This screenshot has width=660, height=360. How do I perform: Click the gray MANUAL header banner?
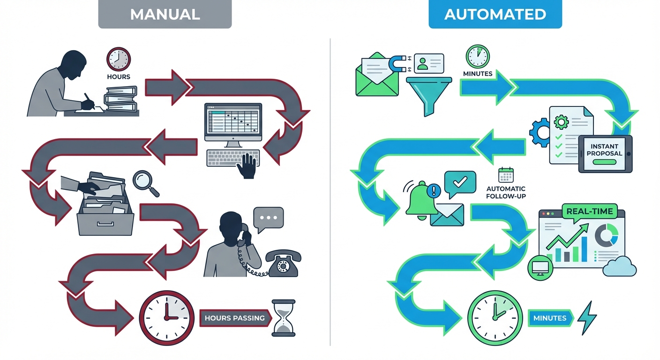point(165,14)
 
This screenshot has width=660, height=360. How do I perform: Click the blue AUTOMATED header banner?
point(495,14)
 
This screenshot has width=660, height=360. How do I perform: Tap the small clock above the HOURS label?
point(119,59)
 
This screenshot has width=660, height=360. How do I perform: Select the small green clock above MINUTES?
point(477,57)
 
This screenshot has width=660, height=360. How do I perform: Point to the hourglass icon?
point(283,318)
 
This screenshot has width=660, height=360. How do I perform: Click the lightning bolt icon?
point(587,318)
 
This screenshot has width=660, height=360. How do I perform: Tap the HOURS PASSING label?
point(234,318)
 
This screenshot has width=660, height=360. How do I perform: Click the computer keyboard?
point(232,158)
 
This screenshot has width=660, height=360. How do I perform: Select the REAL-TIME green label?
point(589,211)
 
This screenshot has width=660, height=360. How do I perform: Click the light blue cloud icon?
point(620,268)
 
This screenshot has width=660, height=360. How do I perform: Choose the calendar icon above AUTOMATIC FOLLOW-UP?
point(506,175)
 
